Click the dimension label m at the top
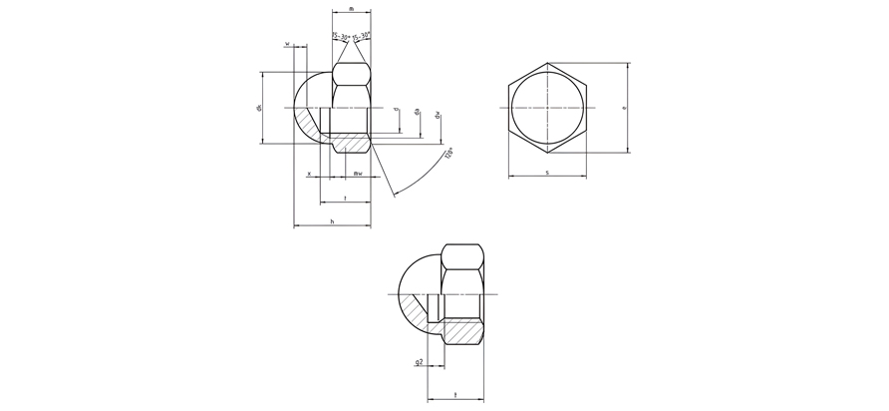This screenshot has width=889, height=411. point(351,8)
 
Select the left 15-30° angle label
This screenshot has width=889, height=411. point(341,37)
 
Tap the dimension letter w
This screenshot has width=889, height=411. point(288,44)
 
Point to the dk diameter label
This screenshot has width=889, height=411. point(258,108)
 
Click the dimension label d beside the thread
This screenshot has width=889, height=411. point(396,110)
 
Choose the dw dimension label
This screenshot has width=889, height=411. point(437,115)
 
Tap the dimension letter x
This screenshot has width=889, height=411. point(309,174)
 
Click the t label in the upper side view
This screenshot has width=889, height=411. point(345,198)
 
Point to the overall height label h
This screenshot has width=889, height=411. point(331,221)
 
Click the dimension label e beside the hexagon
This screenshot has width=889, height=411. point(623,108)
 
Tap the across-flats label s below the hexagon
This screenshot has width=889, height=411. point(547,174)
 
